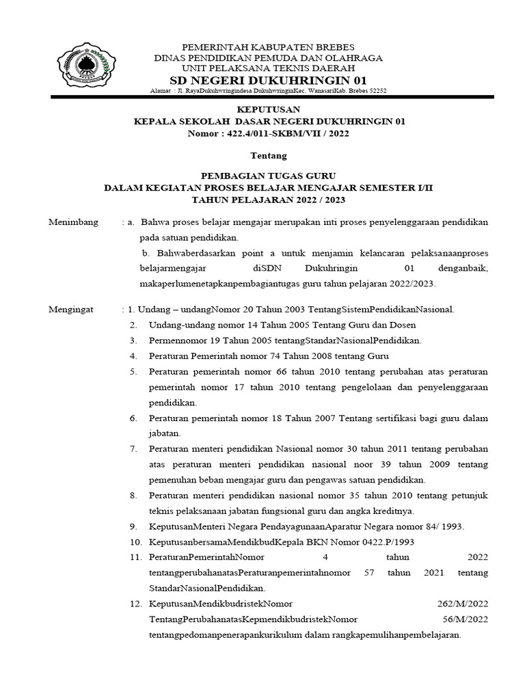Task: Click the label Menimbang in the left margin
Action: [x=73, y=223]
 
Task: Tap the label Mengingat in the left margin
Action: [x=72, y=310]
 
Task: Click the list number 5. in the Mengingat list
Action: [x=133, y=371]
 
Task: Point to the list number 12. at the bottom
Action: [x=135, y=604]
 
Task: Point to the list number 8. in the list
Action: [x=133, y=495]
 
